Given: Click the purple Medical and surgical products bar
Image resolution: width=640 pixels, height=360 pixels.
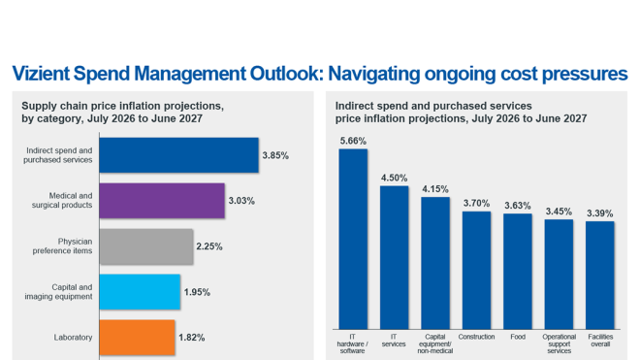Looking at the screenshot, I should click(162, 201).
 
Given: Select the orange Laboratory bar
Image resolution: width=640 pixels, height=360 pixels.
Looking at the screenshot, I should click(138, 338).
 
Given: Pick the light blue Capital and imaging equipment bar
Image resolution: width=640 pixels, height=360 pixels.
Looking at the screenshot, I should click(140, 292).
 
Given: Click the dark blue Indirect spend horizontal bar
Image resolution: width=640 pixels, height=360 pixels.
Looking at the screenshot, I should click(178, 155).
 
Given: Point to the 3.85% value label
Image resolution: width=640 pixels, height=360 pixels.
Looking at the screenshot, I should click(275, 155).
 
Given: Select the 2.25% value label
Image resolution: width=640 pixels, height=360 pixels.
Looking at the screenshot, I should click(209, 246).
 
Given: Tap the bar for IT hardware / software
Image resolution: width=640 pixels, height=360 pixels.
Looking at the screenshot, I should click(353, 238).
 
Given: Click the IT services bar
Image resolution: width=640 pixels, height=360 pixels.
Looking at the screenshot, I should click(395, 256).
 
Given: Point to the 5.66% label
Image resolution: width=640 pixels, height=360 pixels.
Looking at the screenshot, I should click(353, 141).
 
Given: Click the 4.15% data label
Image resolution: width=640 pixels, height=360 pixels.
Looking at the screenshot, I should click(435, 189).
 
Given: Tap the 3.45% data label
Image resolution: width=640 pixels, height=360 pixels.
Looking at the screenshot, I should click(559, 211).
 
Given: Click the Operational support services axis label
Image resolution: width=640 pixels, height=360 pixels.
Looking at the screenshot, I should click(559, 344).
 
